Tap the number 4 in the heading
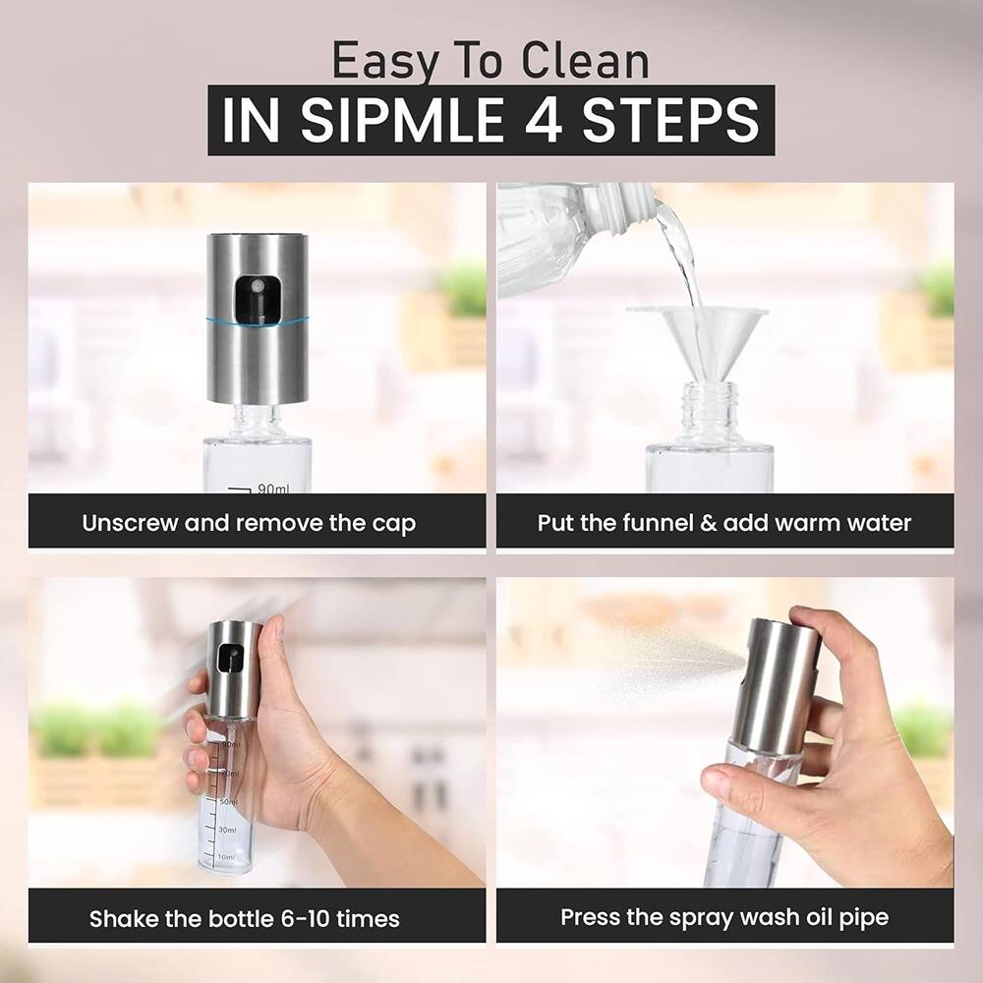coord(543,120)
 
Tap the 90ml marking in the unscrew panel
coord(271,488)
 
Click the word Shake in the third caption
coord(120,919)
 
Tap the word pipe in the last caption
coord(865,917)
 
